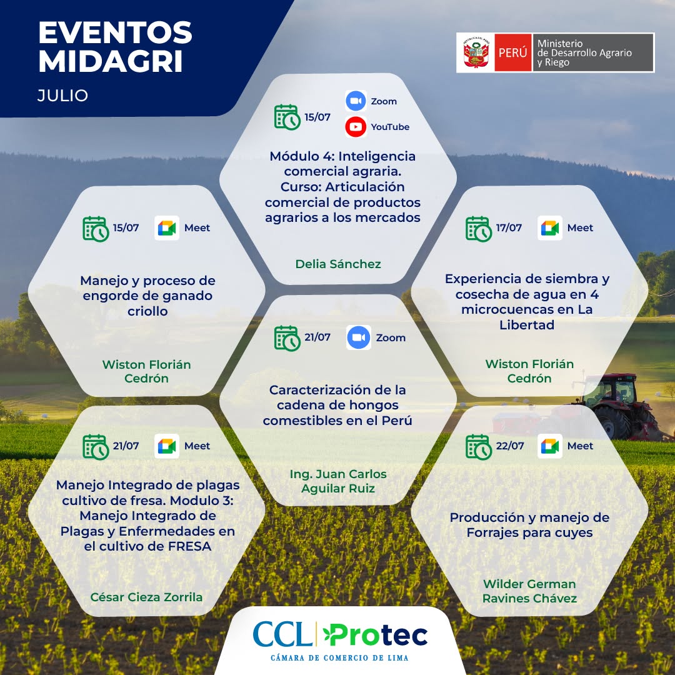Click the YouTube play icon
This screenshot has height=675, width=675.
(x=356, y=126)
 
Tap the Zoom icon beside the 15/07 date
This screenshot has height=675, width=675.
(x=356, y=101)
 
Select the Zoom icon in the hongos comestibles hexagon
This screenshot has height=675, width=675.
(x=359, y=337)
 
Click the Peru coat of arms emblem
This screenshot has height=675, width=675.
(x=476, y=52)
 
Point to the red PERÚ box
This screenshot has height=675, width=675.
(x=512, y=52)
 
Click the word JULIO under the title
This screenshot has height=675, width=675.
(x=63, y=96)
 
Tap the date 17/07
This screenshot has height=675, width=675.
(x=509, y=227)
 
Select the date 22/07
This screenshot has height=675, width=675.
(x=510, y=446)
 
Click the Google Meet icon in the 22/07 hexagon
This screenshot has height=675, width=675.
(x=550, y=446)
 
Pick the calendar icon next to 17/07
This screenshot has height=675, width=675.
(x=478, y=229)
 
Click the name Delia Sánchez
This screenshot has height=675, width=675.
(x=338, y=264)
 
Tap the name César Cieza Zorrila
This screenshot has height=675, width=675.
(x=146, y=597)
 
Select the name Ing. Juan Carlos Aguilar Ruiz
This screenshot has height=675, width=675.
(x=338, y=481)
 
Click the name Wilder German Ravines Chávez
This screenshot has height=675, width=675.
(x=529, y=591)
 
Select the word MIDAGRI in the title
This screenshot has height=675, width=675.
(x=111, y=61)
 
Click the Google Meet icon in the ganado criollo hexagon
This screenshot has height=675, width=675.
(x=167, y=227)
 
